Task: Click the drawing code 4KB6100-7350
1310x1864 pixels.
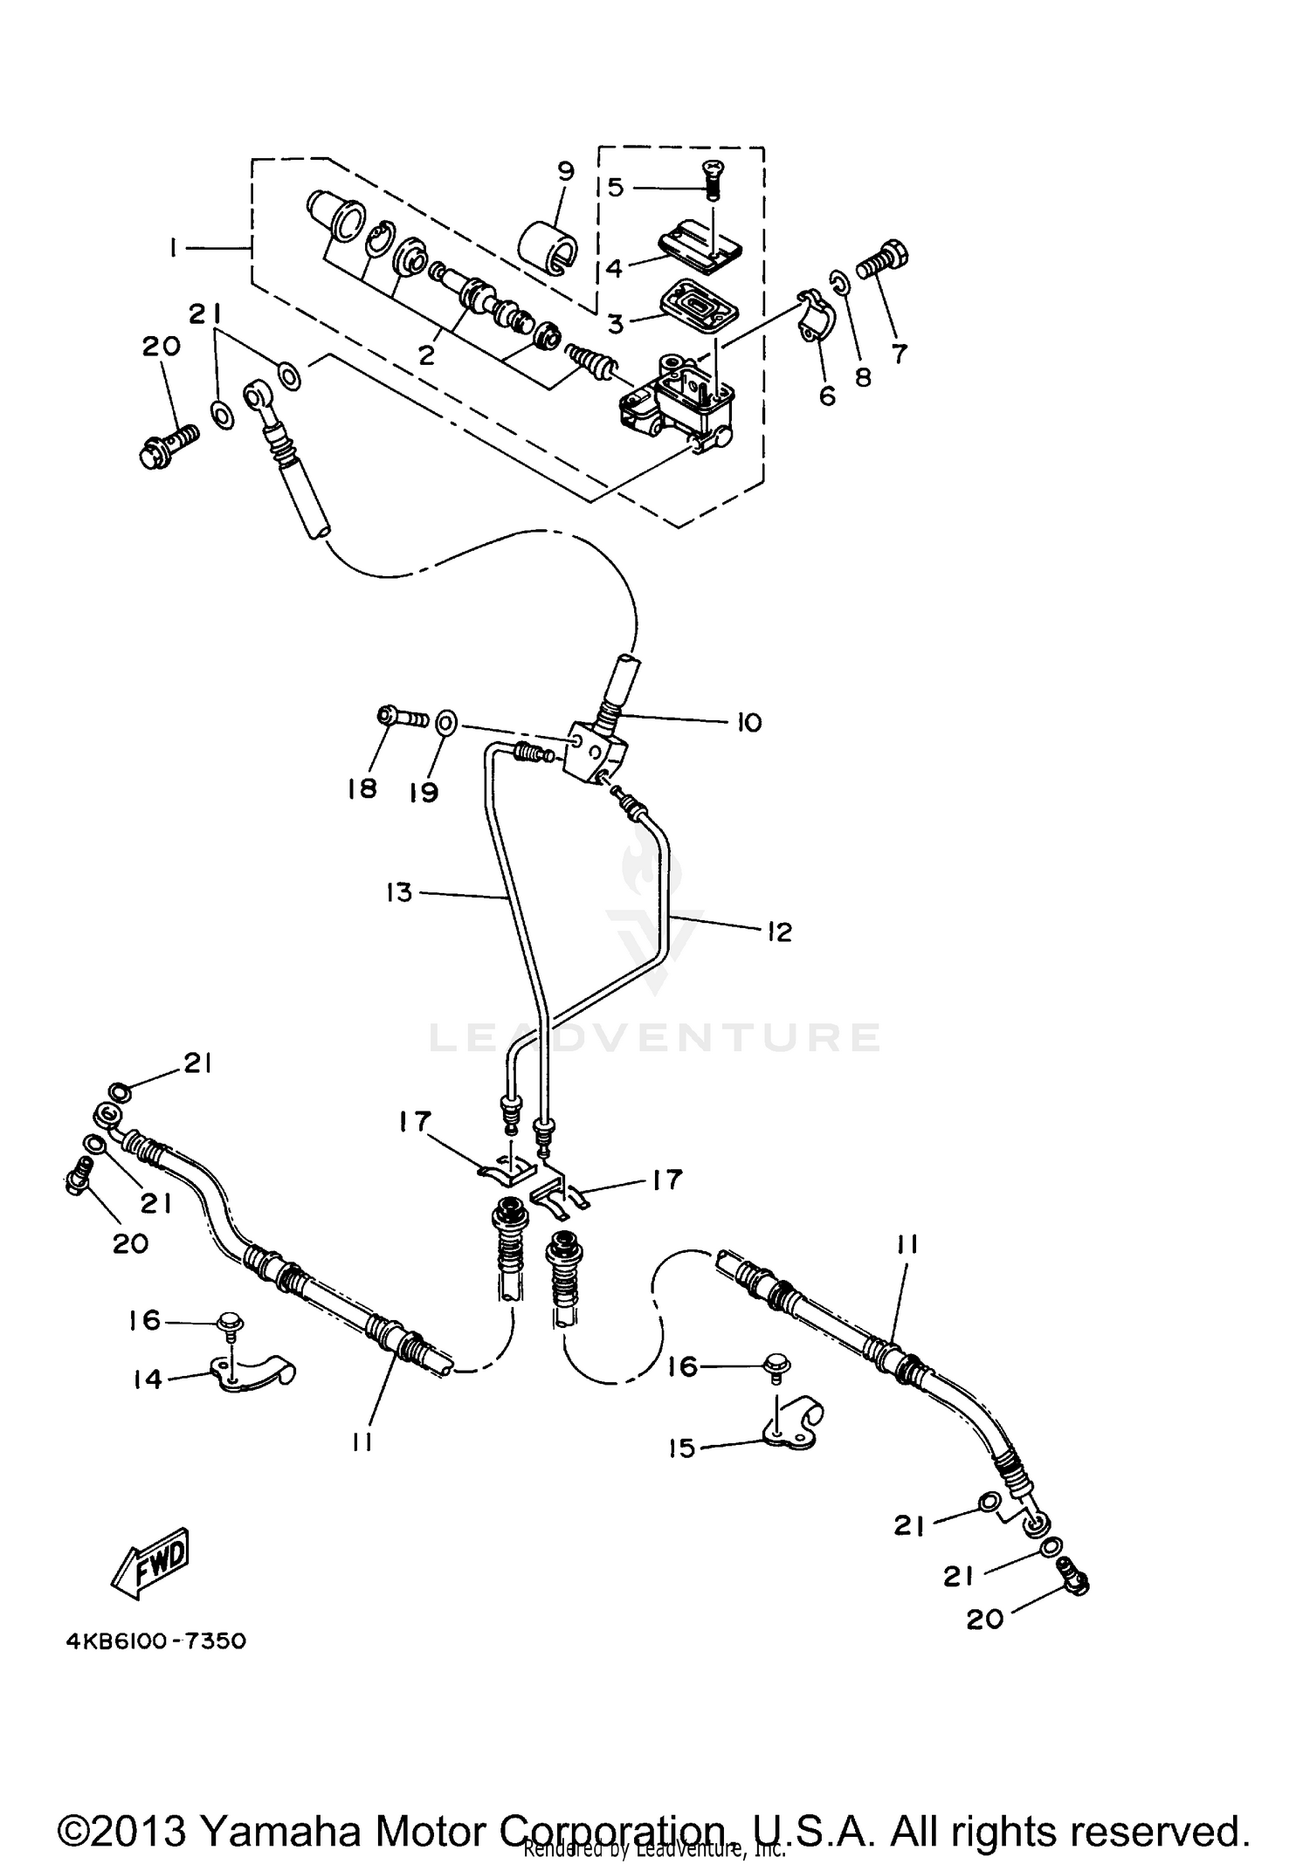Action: click(x=156, y=1641)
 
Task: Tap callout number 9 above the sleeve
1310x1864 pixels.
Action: click(x=566, y=171)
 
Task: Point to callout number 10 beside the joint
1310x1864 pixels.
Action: click(x=748, y=723)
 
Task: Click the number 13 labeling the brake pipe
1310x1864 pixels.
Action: click(x=398, y=892)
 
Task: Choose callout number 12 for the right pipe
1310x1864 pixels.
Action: click(x=779, y=932)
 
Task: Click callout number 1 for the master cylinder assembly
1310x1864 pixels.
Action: click(x=175, y=250)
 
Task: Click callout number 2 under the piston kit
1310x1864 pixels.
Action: click(x=426, y=354)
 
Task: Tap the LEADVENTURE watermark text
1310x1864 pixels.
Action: click(x=655, y=1036)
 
